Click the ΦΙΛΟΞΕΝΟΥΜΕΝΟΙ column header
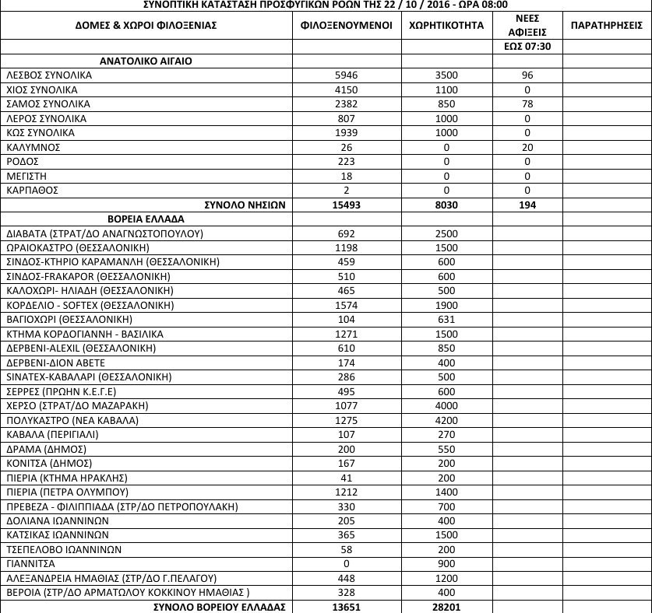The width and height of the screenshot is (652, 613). coord(347,26)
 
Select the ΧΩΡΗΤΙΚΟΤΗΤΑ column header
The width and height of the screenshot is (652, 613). coord(446,26)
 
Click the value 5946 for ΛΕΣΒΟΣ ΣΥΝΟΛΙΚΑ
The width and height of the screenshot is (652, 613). coord(347,76)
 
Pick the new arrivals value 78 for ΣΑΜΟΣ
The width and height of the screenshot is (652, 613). coord(527,104)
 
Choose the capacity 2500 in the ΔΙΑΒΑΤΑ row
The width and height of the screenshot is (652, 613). coord(446,233)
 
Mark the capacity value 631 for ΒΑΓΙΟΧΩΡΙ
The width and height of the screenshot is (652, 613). coord(446,320)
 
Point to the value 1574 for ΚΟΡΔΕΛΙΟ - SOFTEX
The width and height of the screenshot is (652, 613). coord(347,305)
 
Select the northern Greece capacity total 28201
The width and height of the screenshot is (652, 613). coord(446,606)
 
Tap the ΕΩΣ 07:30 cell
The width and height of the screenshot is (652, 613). coord(527,47)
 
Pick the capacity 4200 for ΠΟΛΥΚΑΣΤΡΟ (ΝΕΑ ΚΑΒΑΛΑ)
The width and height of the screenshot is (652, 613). coord(446,420)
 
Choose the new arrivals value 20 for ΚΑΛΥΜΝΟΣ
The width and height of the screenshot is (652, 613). coord(527,147)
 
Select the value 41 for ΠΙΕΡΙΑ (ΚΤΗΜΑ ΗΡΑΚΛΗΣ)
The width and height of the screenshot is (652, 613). coord(347,477)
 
